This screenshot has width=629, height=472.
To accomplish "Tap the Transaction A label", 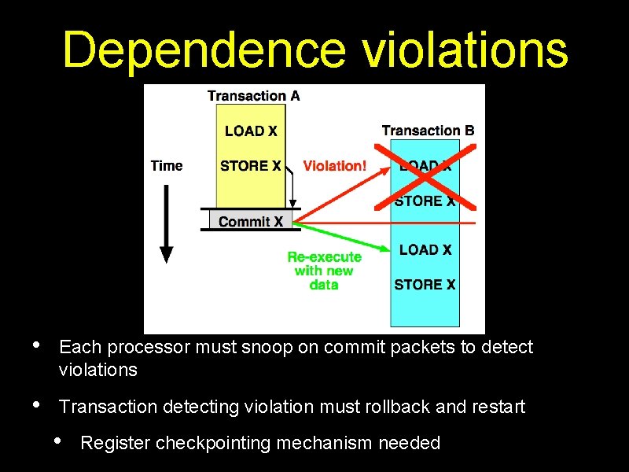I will pyautogui.click(x=253, y=96).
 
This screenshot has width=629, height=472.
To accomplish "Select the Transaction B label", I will pyautogui.click(x=428, y=131).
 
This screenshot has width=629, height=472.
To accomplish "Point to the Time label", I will pyautogui.click(x=166, y=166).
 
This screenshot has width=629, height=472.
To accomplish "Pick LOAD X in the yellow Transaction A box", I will pyautogui.click(x=251, y=131).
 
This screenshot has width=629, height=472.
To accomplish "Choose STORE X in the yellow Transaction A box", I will pyautogui.click(x=251, y=166).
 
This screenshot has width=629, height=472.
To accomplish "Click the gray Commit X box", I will pyautogui.click(x=250, y=221).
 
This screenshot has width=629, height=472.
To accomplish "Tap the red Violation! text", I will pyautogui.click(x=334, y=166).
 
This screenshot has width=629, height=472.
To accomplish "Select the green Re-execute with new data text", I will pyautogui.click(x=324, y=271).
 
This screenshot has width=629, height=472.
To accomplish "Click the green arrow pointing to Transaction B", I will pyautogui.click(x=346, y=238).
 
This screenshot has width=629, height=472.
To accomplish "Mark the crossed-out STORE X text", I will pyautogui.click(x=425, y=201).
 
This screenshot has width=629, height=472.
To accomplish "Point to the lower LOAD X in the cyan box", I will pyautogui.click(x=425, y=249).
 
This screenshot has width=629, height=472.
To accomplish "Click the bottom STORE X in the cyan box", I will pyautogui.click(x=425, y=284).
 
